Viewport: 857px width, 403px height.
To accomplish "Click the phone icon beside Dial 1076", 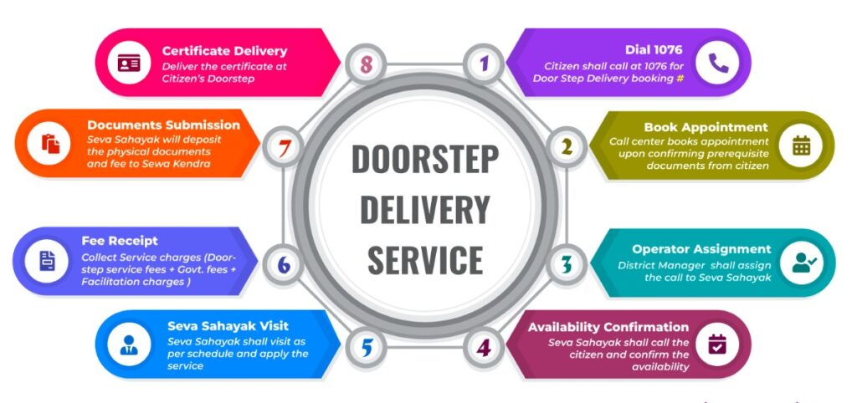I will (x=718, y=63).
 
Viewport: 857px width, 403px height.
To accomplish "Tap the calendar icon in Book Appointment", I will (x=801, y=145).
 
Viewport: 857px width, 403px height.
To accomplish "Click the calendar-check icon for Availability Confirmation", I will (x=717, y=344).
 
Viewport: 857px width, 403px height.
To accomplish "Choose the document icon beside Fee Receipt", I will (x=47, y=261).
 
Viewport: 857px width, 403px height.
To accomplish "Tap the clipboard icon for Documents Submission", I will (x=49, y=144).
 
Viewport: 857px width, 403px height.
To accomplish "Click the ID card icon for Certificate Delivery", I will (x=129, y=64).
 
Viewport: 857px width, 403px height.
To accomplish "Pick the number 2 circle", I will (x=567, y=147).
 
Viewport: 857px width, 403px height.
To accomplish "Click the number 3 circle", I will (x=567, y=264).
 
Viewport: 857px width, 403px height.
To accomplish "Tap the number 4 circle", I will (x=483, y=345).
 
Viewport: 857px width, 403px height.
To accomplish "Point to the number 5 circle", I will (x=365, y=345).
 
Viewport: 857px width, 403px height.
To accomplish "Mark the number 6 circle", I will (x=283, y=264).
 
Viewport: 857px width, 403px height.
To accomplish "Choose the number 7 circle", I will (x=283, y=147).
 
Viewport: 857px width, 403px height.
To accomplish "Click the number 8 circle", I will (x=365, y=64).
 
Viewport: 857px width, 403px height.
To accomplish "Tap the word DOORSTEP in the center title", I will (x=424, y=158).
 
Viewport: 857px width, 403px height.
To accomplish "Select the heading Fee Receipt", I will (x=120, y=241).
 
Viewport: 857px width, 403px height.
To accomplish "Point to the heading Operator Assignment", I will (x=701, y=248).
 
